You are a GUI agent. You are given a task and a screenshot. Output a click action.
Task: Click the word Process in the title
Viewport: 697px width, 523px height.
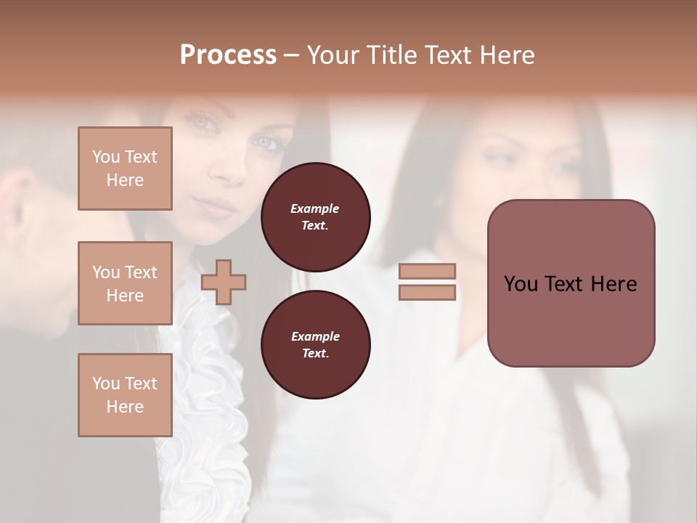228,55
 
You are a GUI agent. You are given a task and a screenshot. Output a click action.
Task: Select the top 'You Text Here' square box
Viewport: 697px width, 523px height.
125,169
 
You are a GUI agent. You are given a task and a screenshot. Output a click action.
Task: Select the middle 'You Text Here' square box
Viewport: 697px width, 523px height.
125,283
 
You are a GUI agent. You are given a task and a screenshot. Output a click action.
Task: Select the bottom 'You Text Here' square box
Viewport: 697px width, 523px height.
125,395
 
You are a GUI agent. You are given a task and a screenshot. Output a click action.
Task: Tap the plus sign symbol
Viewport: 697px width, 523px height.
224,282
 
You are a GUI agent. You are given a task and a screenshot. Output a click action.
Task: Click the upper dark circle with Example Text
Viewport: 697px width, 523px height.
316,217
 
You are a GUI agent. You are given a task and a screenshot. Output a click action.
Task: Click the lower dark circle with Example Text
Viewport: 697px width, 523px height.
316,345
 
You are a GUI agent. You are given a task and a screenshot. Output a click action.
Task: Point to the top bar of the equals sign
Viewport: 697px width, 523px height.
427,271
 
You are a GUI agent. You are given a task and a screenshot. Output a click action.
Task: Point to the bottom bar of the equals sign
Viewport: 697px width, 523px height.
427,293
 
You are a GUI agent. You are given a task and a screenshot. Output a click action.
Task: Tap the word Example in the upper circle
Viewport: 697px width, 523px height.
315,208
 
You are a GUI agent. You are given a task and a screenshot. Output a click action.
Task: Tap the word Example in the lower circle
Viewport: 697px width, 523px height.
315,336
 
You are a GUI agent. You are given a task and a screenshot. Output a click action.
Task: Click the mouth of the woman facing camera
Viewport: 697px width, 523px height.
218,209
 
